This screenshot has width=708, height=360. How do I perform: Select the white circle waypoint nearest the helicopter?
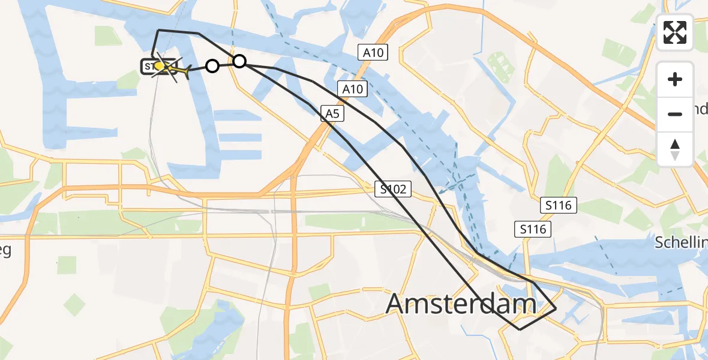pyautogui.click(x=212, y=66)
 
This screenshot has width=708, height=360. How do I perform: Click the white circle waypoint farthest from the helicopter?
pyautogui.click(x=239, y=61)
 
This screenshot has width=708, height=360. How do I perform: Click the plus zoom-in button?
pyautogui.click(x=675, y=79)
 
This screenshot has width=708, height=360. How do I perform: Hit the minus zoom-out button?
pyautogui.click(x=675, y=114)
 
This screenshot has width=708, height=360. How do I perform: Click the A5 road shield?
pyautogui.click(x=332, y=113)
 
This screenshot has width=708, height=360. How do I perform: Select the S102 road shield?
pyautogui.click(x=393, y=190)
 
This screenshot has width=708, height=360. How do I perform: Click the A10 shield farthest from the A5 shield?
pyautogui.click(x=373, y=53)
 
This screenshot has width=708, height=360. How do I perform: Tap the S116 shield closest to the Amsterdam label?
pyautogui.click(x=532, y=229)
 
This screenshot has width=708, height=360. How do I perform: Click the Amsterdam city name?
pyautogui.click(x=460, y=304)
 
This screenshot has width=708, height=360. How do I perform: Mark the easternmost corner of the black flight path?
pyautogui.click(x=556, y=308)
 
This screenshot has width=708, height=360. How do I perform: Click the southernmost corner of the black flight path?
pyautogui.click(x=520, y=329)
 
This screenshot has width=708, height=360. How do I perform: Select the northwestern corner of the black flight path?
pyautogui.click(x=158, y=30)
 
